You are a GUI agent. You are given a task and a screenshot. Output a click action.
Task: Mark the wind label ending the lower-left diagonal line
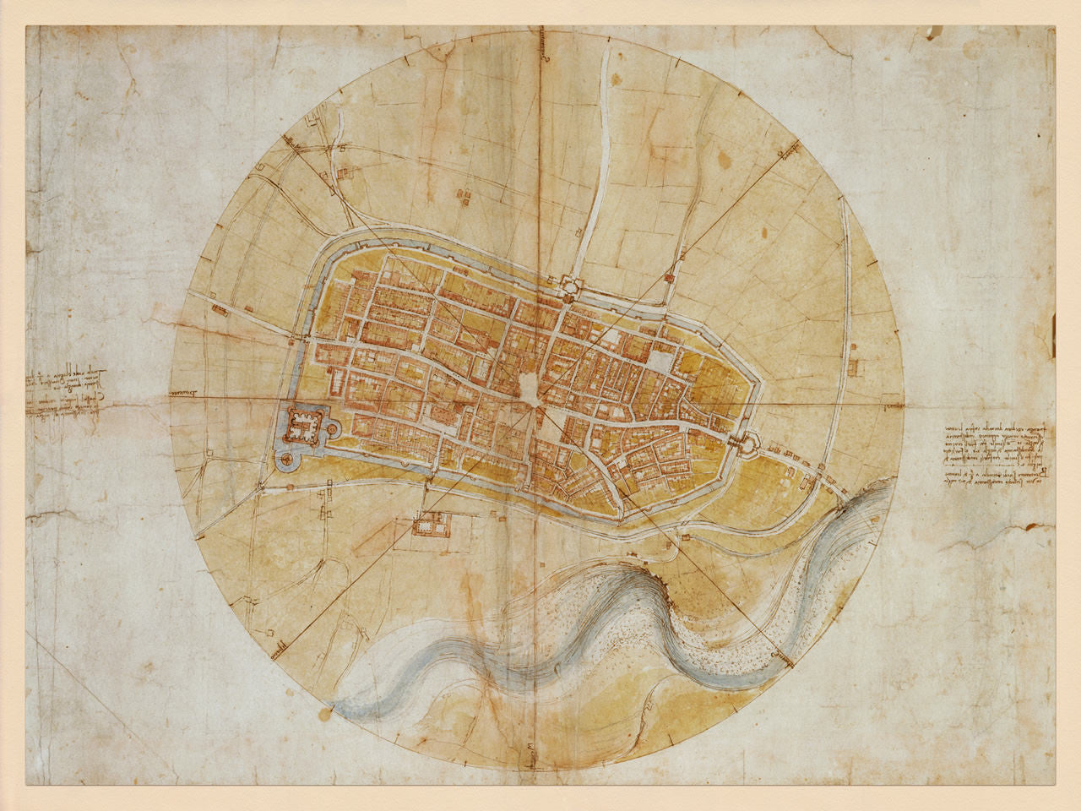click(x=274, y=650)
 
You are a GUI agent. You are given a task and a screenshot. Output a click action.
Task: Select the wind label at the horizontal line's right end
click(x=889, y=405)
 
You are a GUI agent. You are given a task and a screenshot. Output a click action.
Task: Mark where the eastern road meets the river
click(x=845, y=502)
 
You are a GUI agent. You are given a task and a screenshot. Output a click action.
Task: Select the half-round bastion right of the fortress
click(x=331, y=429)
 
